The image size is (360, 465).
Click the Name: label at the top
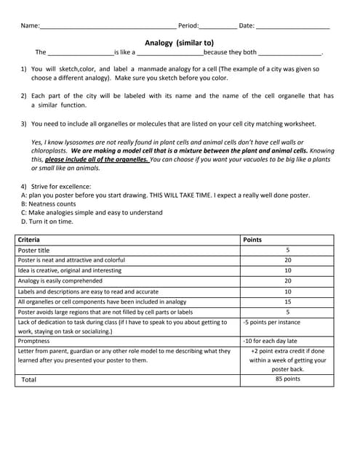tap(30, 26)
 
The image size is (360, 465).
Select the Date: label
tap(247, 26)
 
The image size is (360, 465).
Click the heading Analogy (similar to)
tap(179, 43)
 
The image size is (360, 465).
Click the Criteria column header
tap(29, 239)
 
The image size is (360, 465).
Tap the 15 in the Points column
tap(287, 302)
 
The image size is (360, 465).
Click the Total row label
tap(29, 379)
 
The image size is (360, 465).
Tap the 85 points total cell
tap(287, 379)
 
